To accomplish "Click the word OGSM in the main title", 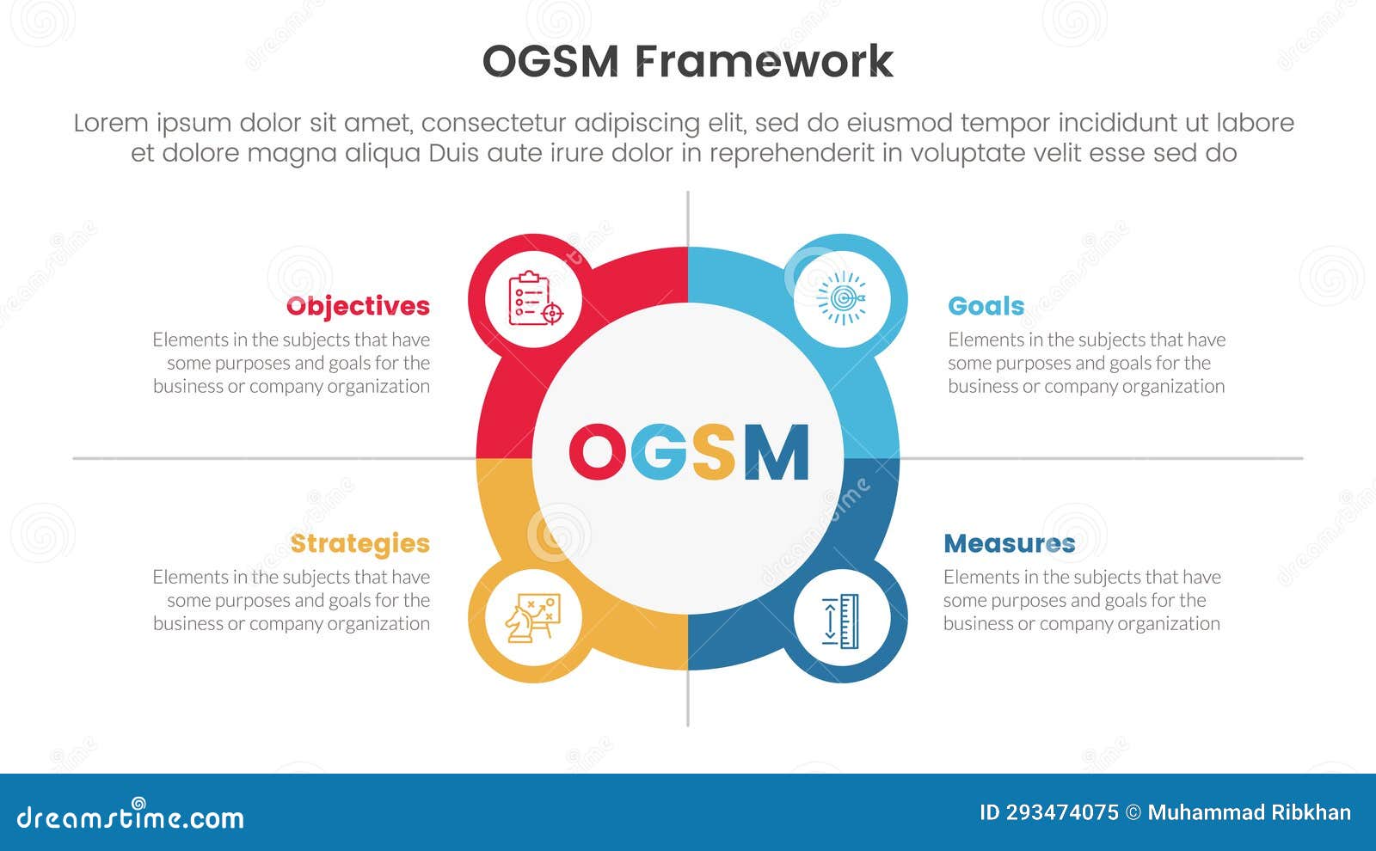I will pyautogui.click(x=550, y=62).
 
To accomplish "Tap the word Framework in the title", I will pyautogui.click(x=765, y=62).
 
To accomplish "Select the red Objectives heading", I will pyautogui.click(x=358, y=306).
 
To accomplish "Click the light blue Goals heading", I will pyautogui.click(x=986, y=306).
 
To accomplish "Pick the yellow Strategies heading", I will pyautogui.click(x=359, y=543).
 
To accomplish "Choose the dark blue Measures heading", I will pyautogui.click(x=1009, y=543).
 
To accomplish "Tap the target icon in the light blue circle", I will pyautogui.click(x=842, y=299).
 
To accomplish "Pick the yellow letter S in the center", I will pyautogui.click(x=714, y=452).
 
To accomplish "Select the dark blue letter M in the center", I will pyautogui.click(x=777, y=452).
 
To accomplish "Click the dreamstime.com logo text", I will pyautogui.click(x=131, y=817).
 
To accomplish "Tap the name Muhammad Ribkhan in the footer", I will pyautogui.click(x=1249, y=813).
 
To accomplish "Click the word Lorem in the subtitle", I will pyautogui.click(x=111, y=123).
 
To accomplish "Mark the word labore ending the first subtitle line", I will pyautogui.click(x=1255, y=123).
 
